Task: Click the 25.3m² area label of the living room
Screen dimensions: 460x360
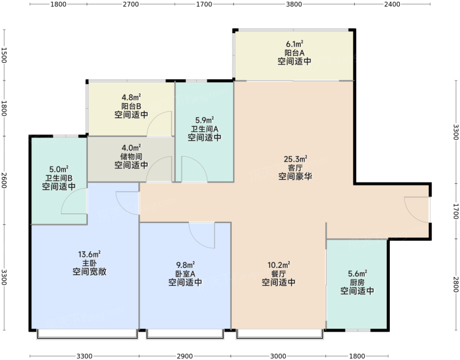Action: click(x=295, y=159)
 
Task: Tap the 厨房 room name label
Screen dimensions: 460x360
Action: click(x=357, y=283)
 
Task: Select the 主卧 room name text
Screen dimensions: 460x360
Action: click(x=89, y=263)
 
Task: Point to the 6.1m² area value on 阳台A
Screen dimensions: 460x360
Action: click(x=295, y=44)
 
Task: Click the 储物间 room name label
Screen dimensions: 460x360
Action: click(x=131, y=156)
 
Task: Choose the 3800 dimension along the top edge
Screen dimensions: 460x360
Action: click(x=294, y=4)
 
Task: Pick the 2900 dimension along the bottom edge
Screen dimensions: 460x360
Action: click(x=185, y=356)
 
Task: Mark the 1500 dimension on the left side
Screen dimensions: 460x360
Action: click(x=4, y=55)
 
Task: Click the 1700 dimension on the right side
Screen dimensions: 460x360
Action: click(x=456, y=211)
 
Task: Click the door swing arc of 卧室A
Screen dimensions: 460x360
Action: click(x=197, y=239)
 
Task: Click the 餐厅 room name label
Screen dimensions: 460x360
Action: click(x=279, y=274)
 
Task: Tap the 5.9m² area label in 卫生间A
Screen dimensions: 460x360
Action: click(x=204, y=120)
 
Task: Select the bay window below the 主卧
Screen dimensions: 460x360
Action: click(x=87, y=334)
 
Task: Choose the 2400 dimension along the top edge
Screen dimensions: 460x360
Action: click(x=392, y=4)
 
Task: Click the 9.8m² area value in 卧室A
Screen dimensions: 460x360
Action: click(x=185, y=265)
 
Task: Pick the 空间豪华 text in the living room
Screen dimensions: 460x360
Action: click(x=295, y=176)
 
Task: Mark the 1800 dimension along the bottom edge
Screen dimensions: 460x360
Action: click(x=357, y=356)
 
